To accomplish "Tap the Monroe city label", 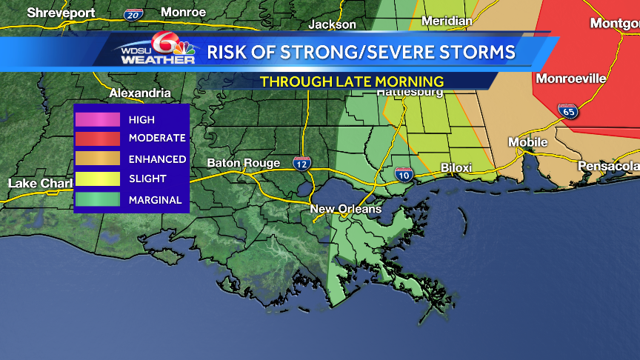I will tap(184, 12).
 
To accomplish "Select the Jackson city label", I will tap(333, 24).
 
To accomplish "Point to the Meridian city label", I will tap(447, 21).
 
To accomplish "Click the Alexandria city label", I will tap(140, 93).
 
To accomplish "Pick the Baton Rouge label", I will tap(244, 163).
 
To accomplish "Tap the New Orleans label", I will tap(345, 209).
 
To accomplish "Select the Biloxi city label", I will tap(456, 168).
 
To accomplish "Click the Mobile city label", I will tap(527, 142).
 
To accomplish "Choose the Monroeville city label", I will tap(570, 79).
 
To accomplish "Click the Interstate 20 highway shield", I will tap(133, 14).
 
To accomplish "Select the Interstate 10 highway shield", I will tap(404, 175).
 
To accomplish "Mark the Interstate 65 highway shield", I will tap(568, 112).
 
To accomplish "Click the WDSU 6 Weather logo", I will tap(157, 50).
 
